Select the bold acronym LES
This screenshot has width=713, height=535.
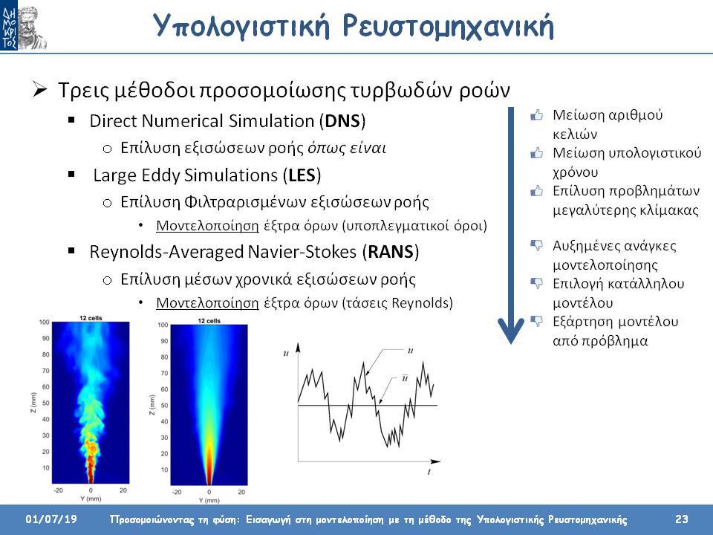[x=302, y=175]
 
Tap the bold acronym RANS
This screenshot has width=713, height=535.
[x=391, y=252]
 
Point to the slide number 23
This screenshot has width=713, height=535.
[x=682, y=519]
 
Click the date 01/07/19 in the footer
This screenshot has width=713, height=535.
[x=51, y=519]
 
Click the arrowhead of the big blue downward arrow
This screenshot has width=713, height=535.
[x=511, y=330]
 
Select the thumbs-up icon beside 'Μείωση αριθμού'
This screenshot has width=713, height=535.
[x=536, y=114]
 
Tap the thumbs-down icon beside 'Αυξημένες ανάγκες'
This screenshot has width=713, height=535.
[x=536, y=246]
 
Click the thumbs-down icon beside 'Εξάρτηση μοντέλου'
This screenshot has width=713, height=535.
[x=536, y=322]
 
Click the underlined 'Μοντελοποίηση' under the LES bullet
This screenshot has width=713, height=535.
[x=207, y=226]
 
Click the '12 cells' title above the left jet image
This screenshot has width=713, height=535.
[x=91, y=318]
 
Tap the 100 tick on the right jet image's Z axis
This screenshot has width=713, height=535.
[x=163, y=325]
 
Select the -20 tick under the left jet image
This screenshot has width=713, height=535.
[x=58, y=490]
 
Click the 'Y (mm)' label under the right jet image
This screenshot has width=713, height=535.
[x=209, y=500]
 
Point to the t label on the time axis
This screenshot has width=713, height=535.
[x=429, y=473]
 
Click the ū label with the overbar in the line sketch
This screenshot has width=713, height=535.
[x=405, y=378]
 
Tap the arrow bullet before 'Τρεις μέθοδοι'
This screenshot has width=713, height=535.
[x=40, y=89]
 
